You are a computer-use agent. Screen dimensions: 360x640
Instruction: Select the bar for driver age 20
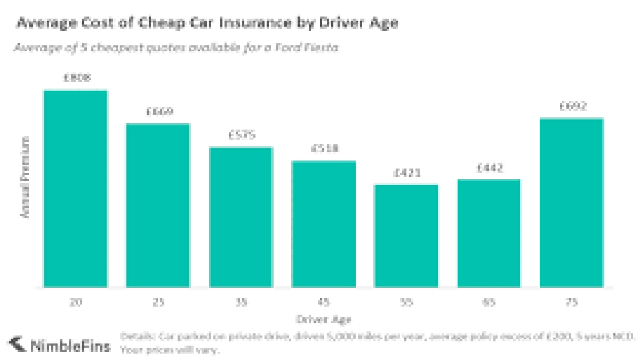(x=75, y=189)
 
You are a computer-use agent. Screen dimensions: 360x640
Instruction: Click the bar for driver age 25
(x=158, y=205)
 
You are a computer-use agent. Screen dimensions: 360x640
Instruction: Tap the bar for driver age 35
(x=241, y=217)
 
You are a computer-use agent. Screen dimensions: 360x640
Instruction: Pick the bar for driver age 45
(x=324, y=224)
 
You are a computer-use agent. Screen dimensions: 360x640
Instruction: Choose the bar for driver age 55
(x=406, y=236)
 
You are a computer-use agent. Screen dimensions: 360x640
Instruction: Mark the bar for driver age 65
(x=489, y=233)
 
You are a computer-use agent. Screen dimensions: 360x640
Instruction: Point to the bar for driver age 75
(x=572, y=203)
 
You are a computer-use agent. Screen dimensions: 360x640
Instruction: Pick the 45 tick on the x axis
(x=324, y=302)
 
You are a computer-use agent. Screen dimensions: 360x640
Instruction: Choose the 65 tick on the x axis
(x=489, y=302)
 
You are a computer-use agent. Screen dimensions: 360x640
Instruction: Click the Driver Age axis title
(x=324, y=319)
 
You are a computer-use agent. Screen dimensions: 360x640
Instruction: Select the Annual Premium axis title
(x=25, y=177)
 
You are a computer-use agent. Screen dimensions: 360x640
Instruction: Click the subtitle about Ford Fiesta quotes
(x=176, y=47)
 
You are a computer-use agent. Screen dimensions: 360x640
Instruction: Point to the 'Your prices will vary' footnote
(x=170, y=350)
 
